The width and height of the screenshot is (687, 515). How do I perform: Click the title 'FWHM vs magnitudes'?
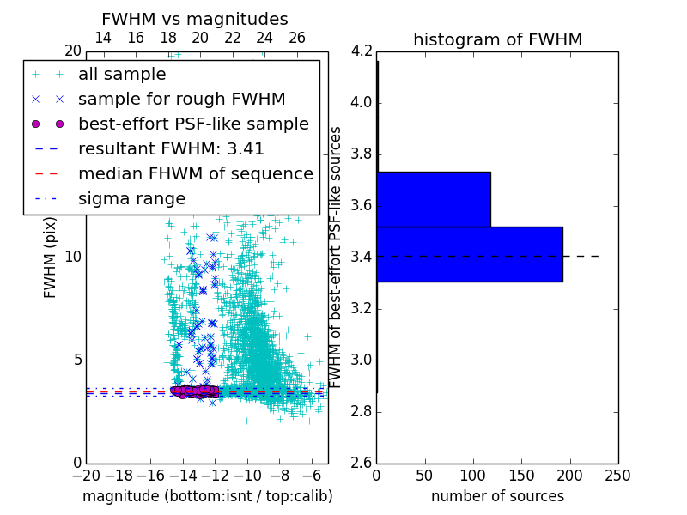pos(195,19)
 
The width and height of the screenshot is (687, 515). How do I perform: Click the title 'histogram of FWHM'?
pos(497,39)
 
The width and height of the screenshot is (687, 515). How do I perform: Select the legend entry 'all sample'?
pos(122,75)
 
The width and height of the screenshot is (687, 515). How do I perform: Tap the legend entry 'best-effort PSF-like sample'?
pos(193,124)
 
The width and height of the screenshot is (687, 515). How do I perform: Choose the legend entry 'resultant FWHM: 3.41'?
pos(171,148)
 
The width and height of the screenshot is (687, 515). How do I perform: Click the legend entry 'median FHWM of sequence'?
pos(195,173)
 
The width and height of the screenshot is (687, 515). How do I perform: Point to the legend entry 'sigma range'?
pos(131,198)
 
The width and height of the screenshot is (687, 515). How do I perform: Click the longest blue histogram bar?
pos(470,254)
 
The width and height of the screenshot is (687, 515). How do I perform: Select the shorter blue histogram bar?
pos(434,199)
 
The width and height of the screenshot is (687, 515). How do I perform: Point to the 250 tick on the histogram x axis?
pos(617,475)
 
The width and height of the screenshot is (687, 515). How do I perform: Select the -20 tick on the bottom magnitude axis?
pos(86,475)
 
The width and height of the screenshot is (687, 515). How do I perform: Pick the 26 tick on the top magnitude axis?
pos(297,38)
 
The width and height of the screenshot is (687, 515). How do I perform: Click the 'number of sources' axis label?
pos(497,496)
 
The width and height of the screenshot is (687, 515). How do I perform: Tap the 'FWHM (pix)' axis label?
pos(51,257)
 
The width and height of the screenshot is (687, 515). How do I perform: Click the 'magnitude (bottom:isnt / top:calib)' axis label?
pos(207,496)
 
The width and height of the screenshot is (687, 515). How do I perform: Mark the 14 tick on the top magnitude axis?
pos(103,38)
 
